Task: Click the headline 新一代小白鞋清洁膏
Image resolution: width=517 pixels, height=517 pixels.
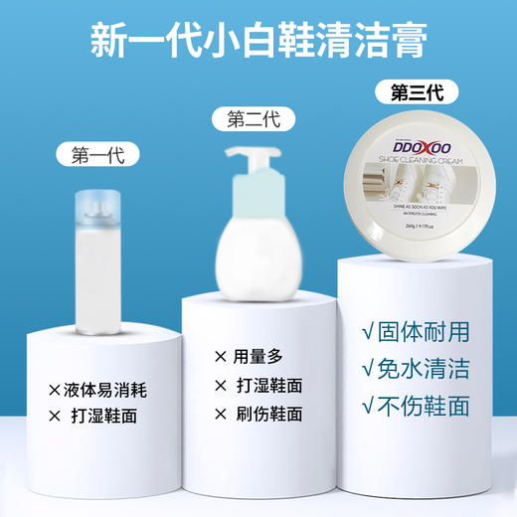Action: click(x=258, y=41)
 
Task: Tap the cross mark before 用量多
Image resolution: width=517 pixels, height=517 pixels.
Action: click(x=220, y=356)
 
